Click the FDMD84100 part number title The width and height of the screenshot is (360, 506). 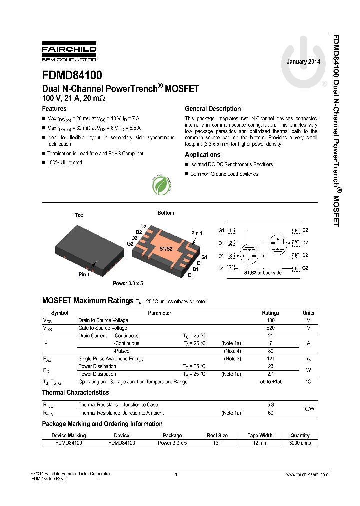[x=72, y=75]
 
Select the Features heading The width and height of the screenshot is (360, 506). [x=54, y=108]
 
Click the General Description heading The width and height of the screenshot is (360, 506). [x=213, y=108]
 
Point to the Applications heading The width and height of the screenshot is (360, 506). [x=202, y=155]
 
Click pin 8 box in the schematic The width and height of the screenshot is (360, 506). [x=296, y=230]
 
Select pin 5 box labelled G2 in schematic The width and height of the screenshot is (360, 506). [x=296, y=269]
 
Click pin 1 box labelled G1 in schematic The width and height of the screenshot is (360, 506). [x=231, y=230]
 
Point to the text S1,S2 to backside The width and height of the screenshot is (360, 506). [x=263, y=273]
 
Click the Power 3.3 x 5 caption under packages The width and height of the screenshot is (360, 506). [x=128, y=283]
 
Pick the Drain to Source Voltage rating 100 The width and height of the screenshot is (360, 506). [x=271, y=320]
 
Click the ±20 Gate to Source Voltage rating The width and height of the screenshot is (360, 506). [x=271, y=328]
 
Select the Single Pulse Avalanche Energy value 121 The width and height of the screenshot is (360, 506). [x=271, y=359]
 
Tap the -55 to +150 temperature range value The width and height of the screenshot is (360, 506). [x=271, y=382]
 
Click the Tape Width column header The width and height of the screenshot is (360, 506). [x=260, y=435]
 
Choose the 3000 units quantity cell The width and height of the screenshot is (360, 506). [x=300, y=443]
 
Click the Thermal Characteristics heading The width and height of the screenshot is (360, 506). [x=75, y=393]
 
